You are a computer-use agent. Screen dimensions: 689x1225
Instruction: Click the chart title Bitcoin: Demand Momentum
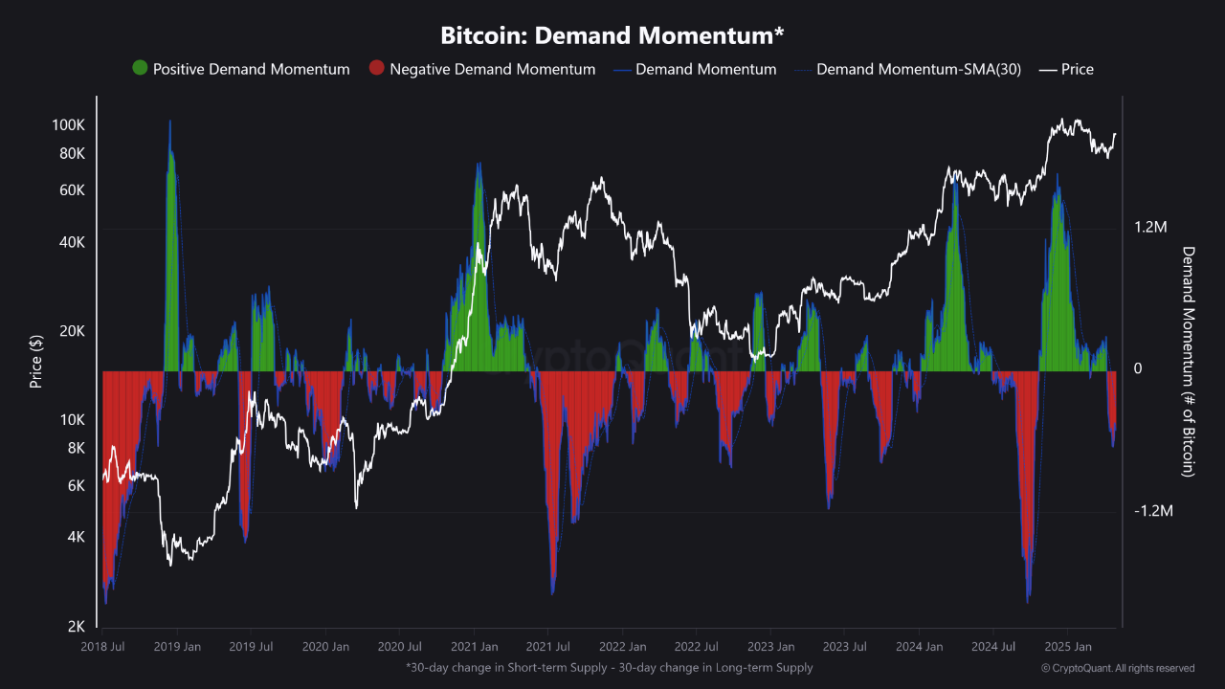[x=612, y=35]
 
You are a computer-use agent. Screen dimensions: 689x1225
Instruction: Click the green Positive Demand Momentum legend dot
[x=140, y=69]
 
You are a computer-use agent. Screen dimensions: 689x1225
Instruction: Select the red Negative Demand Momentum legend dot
[x=377, y=69]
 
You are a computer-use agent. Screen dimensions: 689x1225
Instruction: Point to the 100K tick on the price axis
[x=68, y=125]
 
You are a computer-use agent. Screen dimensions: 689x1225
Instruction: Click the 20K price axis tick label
[x=72, y=331]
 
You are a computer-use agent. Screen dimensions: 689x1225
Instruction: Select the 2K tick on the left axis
[x=76, y=627]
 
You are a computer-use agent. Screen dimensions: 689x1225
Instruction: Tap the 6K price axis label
[x=76, y=485]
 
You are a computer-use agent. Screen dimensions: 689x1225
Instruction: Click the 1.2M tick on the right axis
[x=1151, y=228]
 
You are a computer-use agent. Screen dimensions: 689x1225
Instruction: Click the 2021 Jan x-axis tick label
[x=474, y=647]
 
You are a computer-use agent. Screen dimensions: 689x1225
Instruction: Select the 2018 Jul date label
[x=102, y=647]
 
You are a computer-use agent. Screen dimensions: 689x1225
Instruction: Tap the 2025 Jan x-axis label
[x=1067, y=647]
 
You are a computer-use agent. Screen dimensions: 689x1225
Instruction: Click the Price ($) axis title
[x=36, y=362]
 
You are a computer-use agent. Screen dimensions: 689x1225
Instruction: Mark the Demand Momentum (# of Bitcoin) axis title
[x=1188, y=362]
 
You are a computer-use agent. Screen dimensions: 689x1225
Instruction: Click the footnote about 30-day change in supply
[x=609, y=667]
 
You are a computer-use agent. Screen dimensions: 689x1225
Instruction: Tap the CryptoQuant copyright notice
[x=1118, y=668]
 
